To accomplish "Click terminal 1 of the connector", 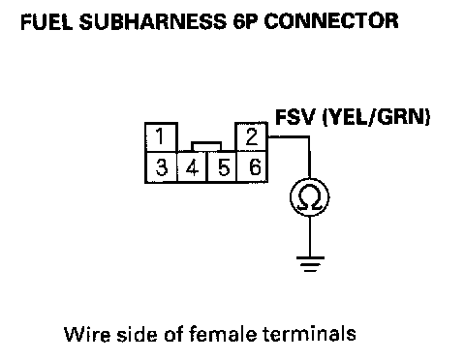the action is (x=161, y=137).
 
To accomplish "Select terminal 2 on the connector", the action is (x=252, y=136).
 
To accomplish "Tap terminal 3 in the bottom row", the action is (x=161, y=167).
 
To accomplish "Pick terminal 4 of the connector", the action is (x=193, y=167).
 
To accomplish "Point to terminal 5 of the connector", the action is (x=222, y=167).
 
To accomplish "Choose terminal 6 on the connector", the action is (x=253, y=167).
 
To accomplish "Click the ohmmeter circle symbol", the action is (x=310, y=197).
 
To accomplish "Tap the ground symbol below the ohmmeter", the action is (x=310, y=264).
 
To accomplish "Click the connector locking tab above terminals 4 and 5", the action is (x=206, y=146).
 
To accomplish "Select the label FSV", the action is (x=294, y=117).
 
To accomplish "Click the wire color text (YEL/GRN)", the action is (x=377, y=117).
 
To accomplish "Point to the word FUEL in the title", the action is (x=46, y=22).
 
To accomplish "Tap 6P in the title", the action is (x=245, y=22).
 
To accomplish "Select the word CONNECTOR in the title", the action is (x=331, y=21).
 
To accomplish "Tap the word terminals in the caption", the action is (x=309, y=334).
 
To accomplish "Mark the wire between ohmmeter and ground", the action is (x=310, y=237).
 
